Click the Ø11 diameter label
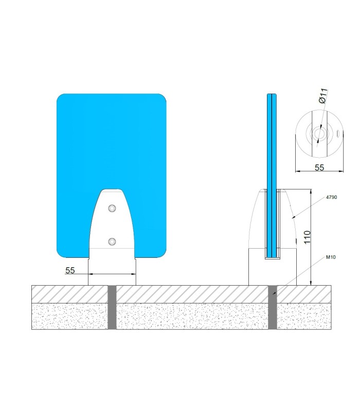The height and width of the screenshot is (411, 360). pyautogui.click(x=324, y=96)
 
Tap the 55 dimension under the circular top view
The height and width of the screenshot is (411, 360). pyautogui.click(x=319, y=167)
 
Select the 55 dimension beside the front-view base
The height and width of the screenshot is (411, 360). pyautogui.click(x=70, y=270)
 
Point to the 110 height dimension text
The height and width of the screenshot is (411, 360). pyautogui.click(x=307, y=237)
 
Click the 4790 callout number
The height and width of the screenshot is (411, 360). pyautogui.click(x=331, y=197)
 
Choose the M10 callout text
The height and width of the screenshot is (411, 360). pyautogui.click(x=331, y=257)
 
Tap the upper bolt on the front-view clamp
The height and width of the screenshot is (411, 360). pyautogui.click(x=112, y=208)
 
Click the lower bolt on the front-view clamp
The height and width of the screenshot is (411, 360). pyautogui.click(x=112, y=241)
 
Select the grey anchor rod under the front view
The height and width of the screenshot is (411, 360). pyautogui.click(x=112, y=307)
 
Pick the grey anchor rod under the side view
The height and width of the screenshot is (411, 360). pyautogui.click(x=273, y=307)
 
